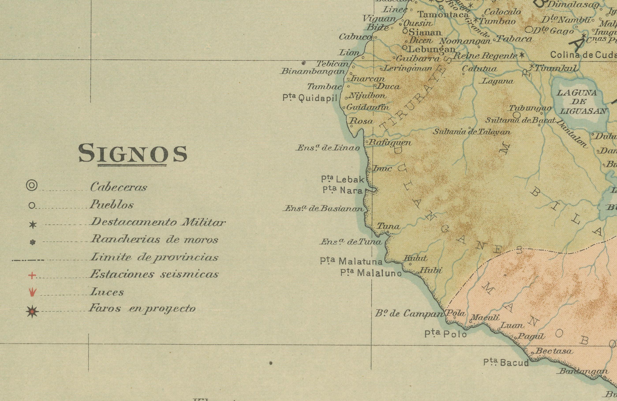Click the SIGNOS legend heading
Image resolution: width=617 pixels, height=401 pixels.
(133, 154)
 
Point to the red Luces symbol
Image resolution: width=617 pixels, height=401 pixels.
(32, 292)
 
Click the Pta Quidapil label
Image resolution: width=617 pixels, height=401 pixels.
(310, 98)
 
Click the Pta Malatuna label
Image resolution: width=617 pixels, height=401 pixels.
(351, 261)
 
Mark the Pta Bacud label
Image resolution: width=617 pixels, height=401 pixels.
(506, 362)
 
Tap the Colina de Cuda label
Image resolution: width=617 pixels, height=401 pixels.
(583, 55)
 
